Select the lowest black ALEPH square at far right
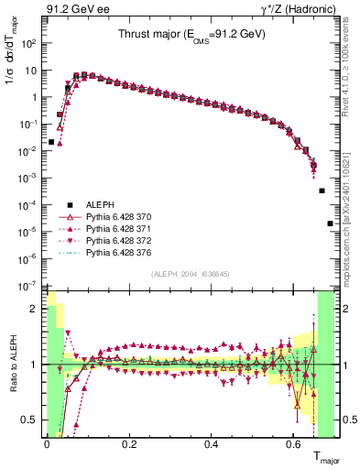tap(330, 224)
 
